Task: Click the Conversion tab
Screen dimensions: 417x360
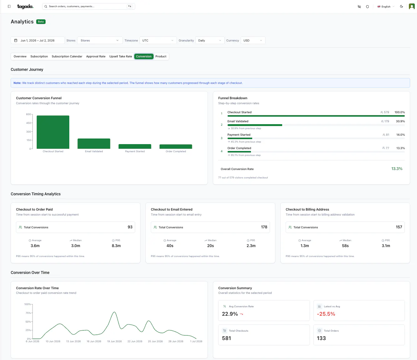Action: click(x=144, y=56)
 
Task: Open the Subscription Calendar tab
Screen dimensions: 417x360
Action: click(x=67, y=56)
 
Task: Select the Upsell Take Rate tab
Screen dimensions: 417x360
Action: click(x=120, y=56)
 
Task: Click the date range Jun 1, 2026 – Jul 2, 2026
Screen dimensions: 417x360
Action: click(x=38, y=40)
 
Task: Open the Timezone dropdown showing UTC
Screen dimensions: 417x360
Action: click(x=158, y=40)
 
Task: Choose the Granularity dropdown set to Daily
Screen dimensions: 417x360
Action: click(x=210, y=40)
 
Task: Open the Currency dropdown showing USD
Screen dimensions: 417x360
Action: click(x=253, y=40)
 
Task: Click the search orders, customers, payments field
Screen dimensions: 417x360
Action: click(x=88, y=7)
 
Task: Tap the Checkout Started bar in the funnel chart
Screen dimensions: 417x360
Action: click(x=53, y=132)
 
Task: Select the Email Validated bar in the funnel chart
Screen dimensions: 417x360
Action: click(x=94, y=144)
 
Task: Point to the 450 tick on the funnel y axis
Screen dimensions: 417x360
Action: click(x=29, y=123)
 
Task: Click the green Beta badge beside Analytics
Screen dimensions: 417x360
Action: click(x=41, y=22)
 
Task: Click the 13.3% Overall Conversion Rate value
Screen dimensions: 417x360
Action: click(x=397, y=168)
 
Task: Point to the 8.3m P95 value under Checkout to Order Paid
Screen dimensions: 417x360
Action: click(x=116, y=246)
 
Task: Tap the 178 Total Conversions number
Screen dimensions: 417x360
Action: click(x=264, y=227)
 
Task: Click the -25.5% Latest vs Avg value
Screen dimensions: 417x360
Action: click(x=326, y=314)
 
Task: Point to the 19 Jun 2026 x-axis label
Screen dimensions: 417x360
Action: click(x=114, y=341)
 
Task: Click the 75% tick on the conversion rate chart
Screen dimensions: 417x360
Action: click(x=28, y=313)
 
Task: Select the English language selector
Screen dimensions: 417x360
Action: click(x=386, y=7)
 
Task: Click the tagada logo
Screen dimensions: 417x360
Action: click(x=25, y=7)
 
